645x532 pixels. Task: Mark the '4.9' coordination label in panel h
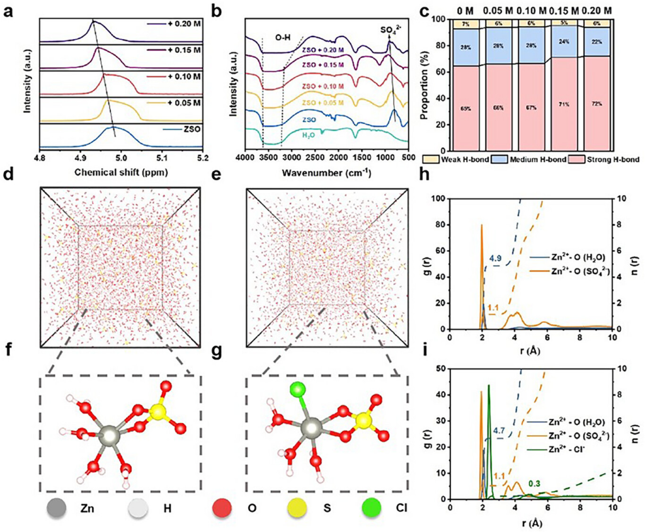(x=496, y=258)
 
